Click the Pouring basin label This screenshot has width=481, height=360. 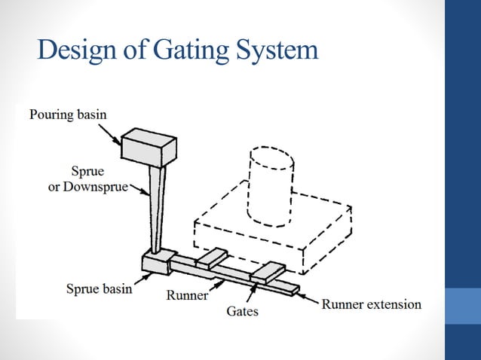click(x=69, y=114)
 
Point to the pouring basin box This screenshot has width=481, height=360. click(x=149, y=147)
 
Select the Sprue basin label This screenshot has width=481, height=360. click(x=99, y=288)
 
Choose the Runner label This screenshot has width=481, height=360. click(x=186, y=294)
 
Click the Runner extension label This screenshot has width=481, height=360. click(x=372, y=304)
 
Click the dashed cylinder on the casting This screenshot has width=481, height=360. click(x=271, y=185)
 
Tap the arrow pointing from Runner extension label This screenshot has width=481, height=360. click(x=310, y=297)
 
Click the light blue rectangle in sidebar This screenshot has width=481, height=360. click(x=463, y=306)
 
